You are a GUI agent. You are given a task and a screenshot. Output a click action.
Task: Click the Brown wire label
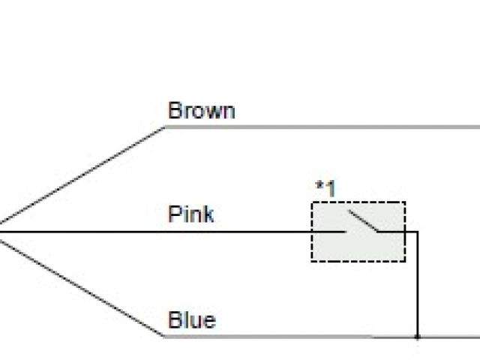201,111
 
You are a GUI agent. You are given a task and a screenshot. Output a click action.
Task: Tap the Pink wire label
190,214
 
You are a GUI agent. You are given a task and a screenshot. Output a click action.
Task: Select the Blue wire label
191,320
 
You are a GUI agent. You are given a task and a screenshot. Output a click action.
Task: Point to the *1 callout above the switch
325,188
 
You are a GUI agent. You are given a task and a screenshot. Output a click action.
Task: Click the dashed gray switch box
358,231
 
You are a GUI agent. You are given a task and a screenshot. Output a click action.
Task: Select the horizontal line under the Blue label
285,336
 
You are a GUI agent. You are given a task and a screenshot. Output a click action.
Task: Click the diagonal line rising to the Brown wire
82,175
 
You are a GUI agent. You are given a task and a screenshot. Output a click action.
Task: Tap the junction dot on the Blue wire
417,336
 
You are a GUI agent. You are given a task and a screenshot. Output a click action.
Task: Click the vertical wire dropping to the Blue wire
417,285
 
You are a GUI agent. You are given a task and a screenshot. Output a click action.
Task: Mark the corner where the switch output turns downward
417,232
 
